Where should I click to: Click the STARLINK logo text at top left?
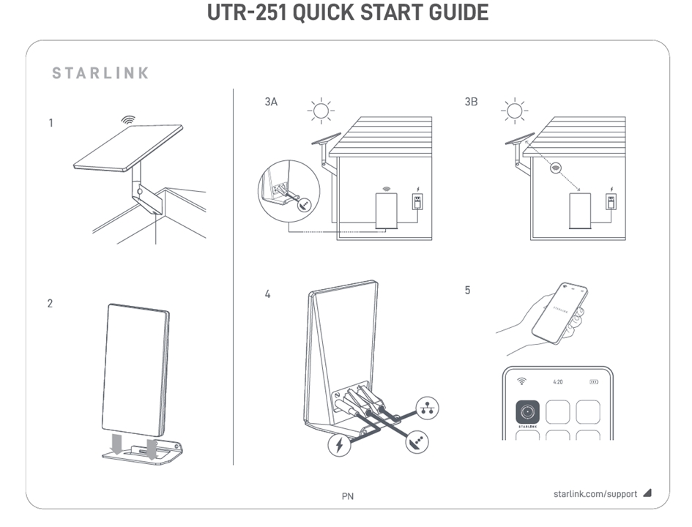(x=101, y=73)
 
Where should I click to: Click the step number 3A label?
(x=271, y=102)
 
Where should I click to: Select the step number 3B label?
(x=471, y=102)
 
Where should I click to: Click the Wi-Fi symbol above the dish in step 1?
(x=128, y=119)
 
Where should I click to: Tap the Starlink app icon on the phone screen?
(x=527, y=412)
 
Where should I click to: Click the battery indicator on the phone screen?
(x=594, y=381)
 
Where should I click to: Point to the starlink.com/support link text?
(x=595, y=494)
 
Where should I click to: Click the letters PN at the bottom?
(x=348, y=496)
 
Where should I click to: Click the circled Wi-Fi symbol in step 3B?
(x=557, y=167)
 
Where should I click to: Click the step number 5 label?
(x=468, y=291)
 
